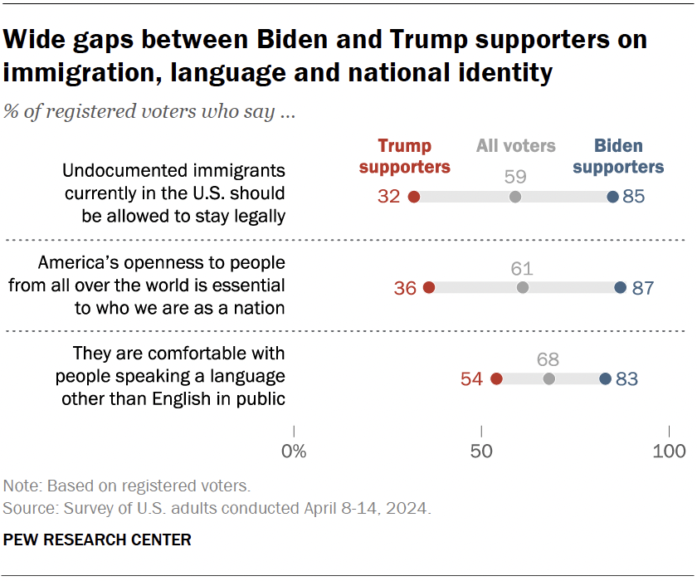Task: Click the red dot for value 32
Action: click(x=414, y=197)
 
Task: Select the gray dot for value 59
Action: click(x=515, y=197)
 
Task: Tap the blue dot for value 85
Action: click(x=612, y=197)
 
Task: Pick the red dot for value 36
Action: click(x=429, y=288)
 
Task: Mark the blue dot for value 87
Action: click(x=620, y=288)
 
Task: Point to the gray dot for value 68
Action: click(x=548, y=378)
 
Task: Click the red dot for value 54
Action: click(x=496, y=378)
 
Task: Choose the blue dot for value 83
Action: click(x=605, y=378)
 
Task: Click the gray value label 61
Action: click(x=522, y=268)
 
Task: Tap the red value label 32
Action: click(x=389, y=198)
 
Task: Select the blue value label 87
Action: click(x=642, y=289)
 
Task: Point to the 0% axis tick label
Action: click(x=294, y=452)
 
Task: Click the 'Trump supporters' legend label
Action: click(x=405, y=156)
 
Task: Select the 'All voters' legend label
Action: click(x=515, y=146)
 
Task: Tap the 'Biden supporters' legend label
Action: click(x=618, y=156)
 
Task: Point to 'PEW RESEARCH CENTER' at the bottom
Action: click(x=97, y=540)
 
